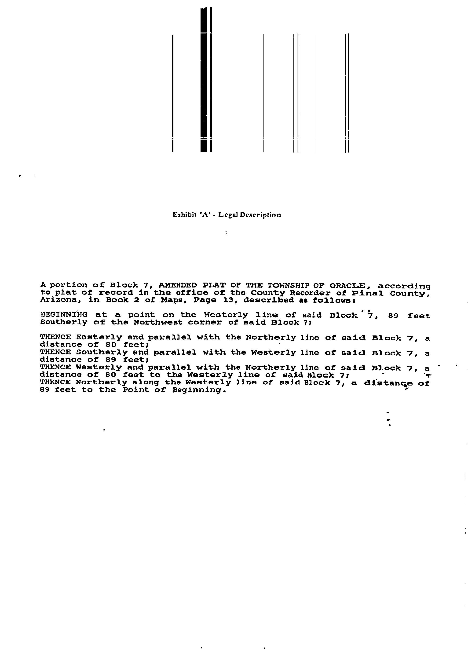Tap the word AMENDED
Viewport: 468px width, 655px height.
coord(178,285)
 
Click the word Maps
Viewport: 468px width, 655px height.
coord(172,300)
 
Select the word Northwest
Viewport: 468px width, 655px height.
coord(158,322)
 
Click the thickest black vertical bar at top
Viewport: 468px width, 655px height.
coord(204,79)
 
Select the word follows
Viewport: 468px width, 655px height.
coord(334,301)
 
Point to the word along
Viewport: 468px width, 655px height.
coord(146,383)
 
